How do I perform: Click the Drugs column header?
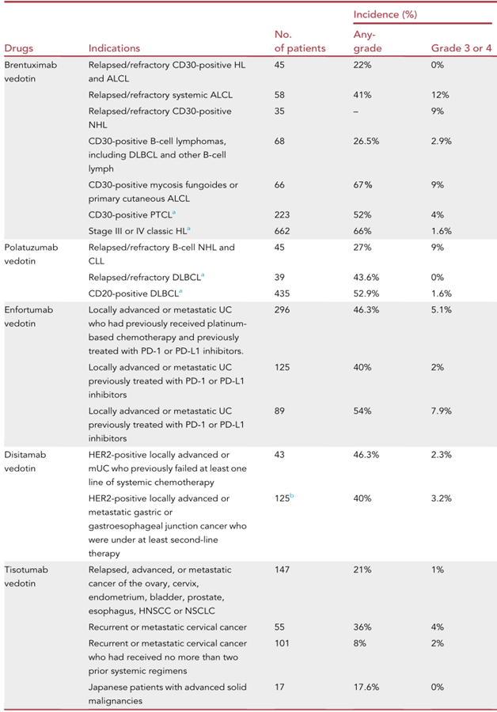pos(19,48)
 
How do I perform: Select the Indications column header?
pos(114,48)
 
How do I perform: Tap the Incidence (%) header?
pos(385,14)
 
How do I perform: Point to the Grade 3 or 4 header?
pos(461,48)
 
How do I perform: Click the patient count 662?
pos(283,231)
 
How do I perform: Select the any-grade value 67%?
pos(362,184)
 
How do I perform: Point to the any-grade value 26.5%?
pos(366,141)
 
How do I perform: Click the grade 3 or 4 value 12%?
pos(440,95)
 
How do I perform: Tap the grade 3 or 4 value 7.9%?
pos(442,410)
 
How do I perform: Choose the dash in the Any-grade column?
pos(356,112)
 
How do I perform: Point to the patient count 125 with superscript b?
pos(284,498)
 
